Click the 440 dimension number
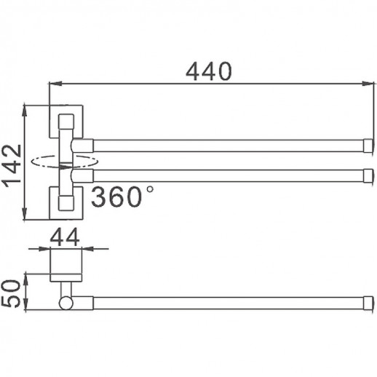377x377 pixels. (208, 71)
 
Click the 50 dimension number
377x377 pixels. (12, 291)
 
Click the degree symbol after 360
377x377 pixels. (149, 188)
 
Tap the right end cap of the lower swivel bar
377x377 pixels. (367, 175)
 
